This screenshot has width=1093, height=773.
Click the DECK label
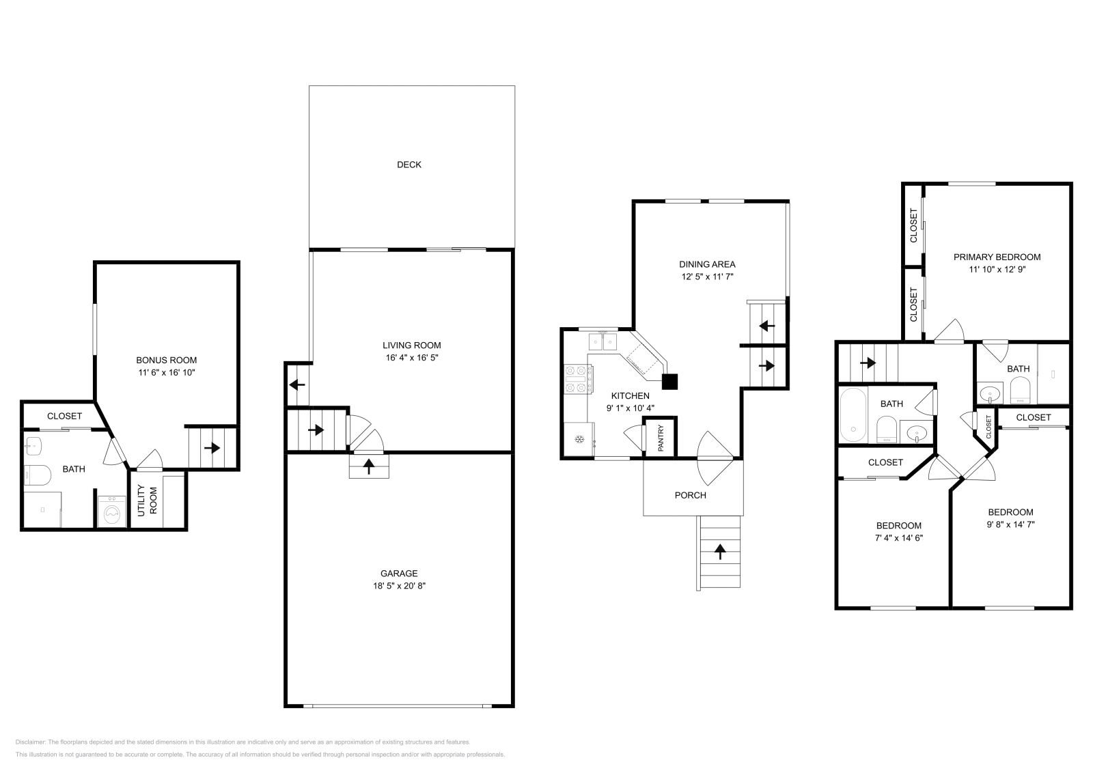[x=409, y=165]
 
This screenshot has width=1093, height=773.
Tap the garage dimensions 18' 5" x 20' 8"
[x=399, y=586]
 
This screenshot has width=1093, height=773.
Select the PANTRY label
[x=661, y=438]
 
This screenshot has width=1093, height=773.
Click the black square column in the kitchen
[x=669, y=382]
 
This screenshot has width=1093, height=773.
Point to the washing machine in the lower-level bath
[x=112, y=511]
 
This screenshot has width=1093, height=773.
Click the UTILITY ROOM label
[x=148, y=501]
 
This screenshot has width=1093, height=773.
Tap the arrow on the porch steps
[x=720, y=552]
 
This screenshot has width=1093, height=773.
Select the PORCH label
[x=691, y=496]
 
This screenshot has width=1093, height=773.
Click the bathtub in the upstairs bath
[x=853, y=415]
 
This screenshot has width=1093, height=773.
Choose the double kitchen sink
[x=603, y=341]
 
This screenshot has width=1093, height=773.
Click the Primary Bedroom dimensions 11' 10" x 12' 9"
[x=997, y=269]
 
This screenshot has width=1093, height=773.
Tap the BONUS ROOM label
[x=167, y=361]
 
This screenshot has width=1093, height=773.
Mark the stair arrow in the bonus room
[x=212, y=447]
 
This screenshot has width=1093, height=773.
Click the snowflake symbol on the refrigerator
[x=579, y=440]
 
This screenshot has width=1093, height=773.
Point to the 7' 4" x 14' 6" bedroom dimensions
[x=899, y=538]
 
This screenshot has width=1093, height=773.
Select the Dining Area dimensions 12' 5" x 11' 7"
[x=708, y=277]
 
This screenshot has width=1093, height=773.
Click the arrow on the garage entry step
[x=369, y=466]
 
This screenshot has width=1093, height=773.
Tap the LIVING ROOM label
[x=412, y=346]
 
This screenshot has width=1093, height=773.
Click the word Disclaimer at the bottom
[x=30, y=742]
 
